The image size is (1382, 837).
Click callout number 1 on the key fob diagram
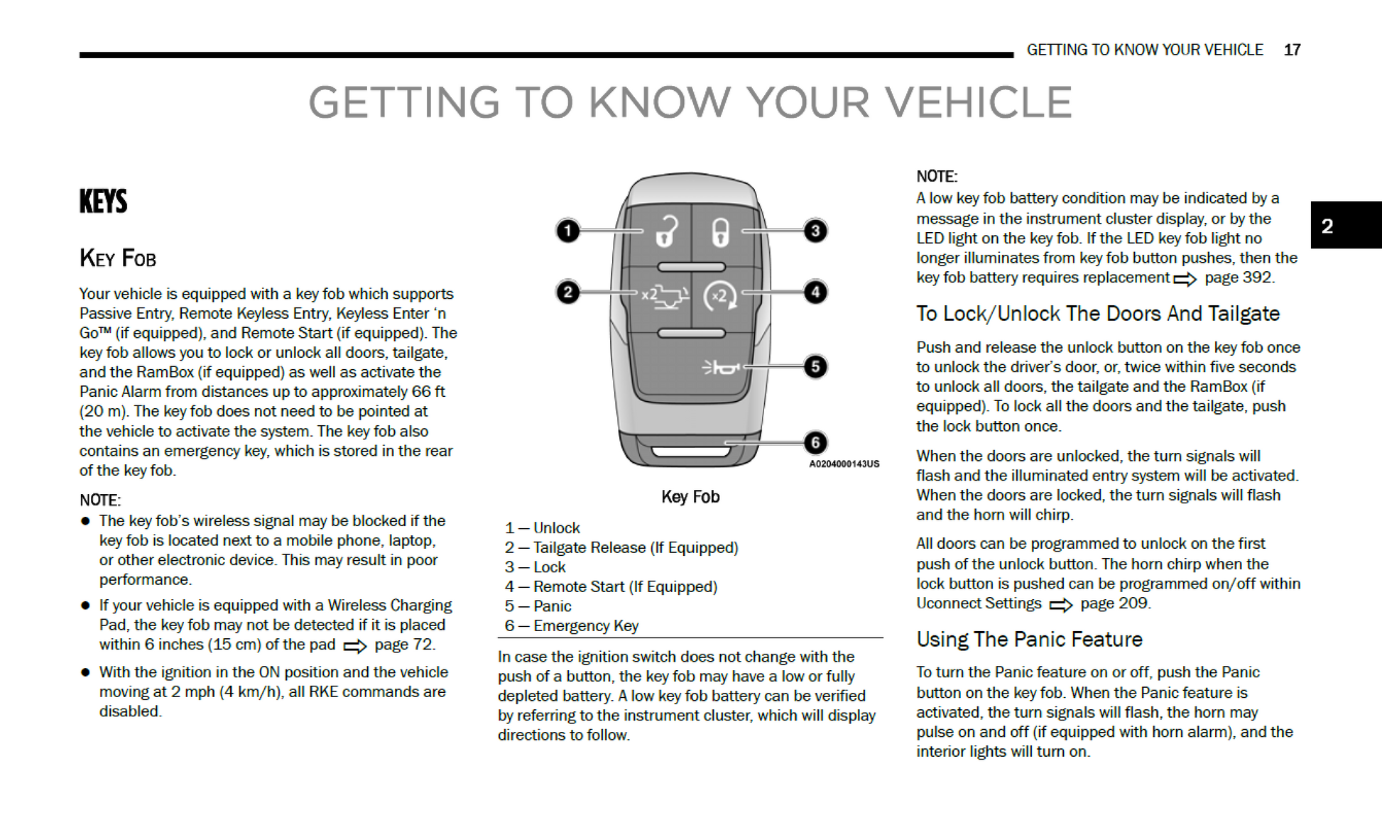click(567, 231)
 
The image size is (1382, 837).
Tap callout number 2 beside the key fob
click(567, 292)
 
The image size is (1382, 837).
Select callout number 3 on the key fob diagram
click(815, 231)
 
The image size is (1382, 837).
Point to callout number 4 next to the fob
click(815, 292)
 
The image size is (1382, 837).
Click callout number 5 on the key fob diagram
click(815, 366)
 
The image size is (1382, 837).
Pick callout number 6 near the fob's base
click(815, 442)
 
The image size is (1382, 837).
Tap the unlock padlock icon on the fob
click(666, 231)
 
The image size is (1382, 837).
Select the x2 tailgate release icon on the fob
click(665, 296)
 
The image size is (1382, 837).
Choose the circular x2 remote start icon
click(719, 296)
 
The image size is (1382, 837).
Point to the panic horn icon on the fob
click(720, 367)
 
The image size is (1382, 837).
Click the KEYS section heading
click(104, 202)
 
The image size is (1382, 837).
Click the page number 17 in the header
click(1292, 50)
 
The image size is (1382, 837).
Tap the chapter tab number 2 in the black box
click(1327, 226)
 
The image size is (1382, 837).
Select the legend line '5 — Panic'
click(538, 606)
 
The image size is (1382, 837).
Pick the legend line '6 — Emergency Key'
click(571, 625)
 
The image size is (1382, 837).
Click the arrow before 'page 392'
click(1185, 279)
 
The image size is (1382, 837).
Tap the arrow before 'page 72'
click(354, 646)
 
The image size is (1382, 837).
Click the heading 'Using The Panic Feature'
click(1029, 639)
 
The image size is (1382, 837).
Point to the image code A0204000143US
click(844, 464)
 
